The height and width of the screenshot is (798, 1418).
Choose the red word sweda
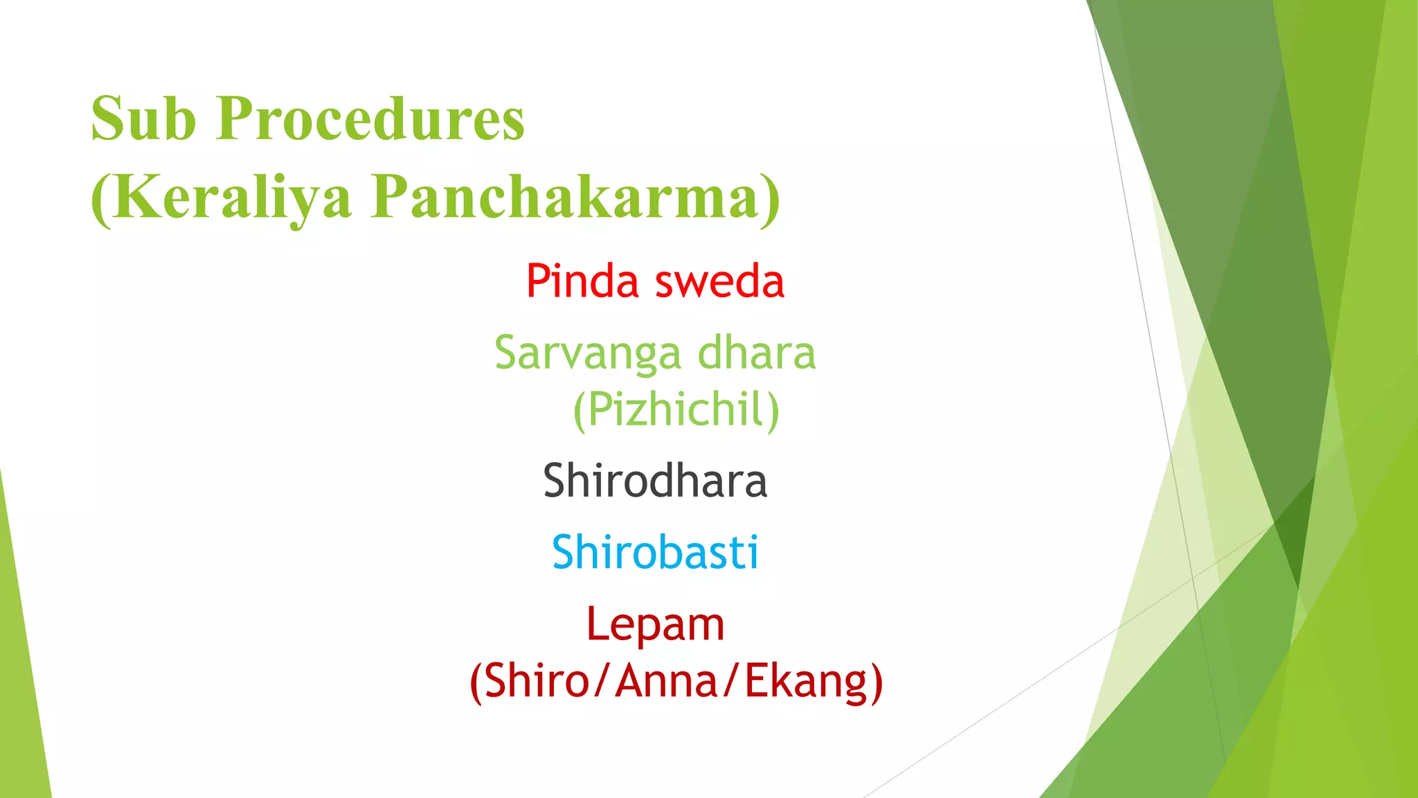719,282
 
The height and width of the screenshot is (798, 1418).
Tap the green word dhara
757,353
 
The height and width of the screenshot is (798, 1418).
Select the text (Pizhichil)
676,410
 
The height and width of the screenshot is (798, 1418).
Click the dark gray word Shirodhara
655,481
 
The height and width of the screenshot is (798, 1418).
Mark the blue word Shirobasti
655,553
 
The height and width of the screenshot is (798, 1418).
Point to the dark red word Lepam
655,626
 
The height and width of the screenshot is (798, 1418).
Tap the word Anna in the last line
667,681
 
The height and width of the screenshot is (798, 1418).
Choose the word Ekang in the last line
805,682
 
